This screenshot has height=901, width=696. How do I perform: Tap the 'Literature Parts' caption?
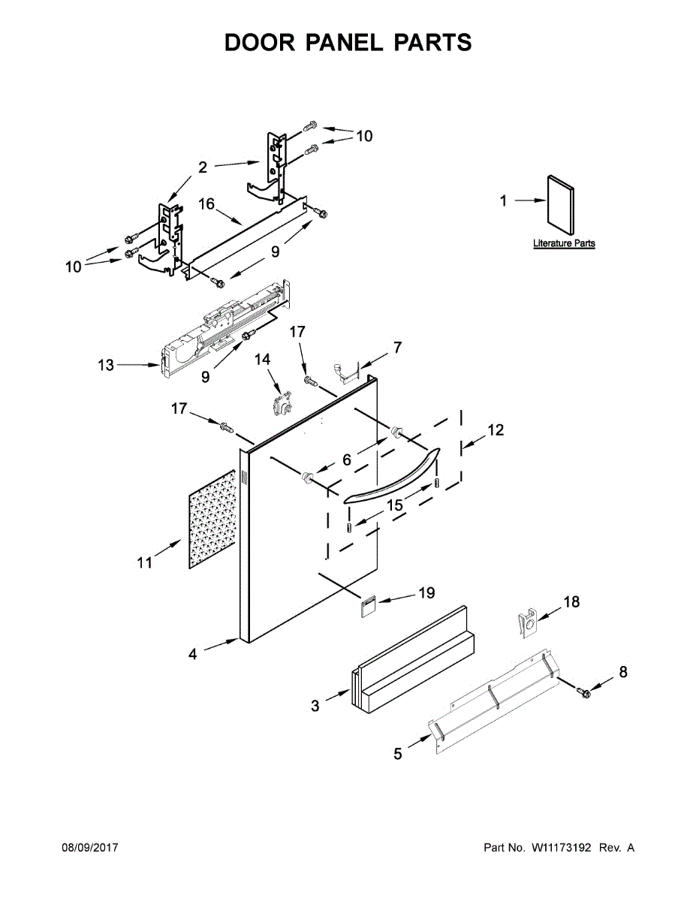(x=564, y=244)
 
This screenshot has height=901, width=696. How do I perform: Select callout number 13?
(x=106, y=366)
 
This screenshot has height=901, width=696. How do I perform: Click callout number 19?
(x=426, y=594)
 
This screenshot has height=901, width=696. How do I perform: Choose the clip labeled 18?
(x=529, y=622)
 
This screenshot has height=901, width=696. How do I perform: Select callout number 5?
(x=398, y=754)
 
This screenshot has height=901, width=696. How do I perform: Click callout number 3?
(x=315, y=706)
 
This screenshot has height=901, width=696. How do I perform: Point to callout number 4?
(x=193, y=655)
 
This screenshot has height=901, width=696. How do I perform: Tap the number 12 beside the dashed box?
(x=496, y=430)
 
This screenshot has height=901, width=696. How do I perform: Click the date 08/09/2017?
(x=89, y=848)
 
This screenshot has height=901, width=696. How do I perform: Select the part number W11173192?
(x=562, y=848)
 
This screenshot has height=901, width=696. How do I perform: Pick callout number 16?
(x=207, y=205)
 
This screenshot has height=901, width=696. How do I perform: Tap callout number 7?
(x=397, y=348)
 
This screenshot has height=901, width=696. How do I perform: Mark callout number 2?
(x=202, y=167)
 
